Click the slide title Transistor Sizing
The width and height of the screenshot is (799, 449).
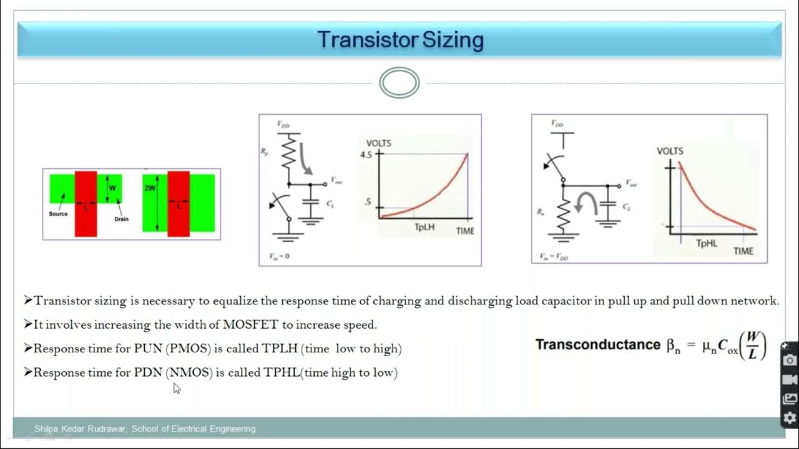[x=400, y=40]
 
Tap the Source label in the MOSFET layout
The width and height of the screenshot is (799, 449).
[x=58, y=214]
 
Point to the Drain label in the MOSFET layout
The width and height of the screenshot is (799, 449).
[x=121, y=219]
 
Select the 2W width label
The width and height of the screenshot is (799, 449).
[x=150, y=187]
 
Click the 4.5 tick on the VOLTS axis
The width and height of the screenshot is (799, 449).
[x=366, y=155]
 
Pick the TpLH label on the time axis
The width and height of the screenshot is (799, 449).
[x=424, y=228]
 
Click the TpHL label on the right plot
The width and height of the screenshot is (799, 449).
[x=707, y=243]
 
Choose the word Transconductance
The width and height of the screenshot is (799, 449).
[x=597, y=344]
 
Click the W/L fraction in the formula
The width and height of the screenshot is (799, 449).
[x=753, y=345]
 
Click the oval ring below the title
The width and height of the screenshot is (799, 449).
[x=399, y=84]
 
